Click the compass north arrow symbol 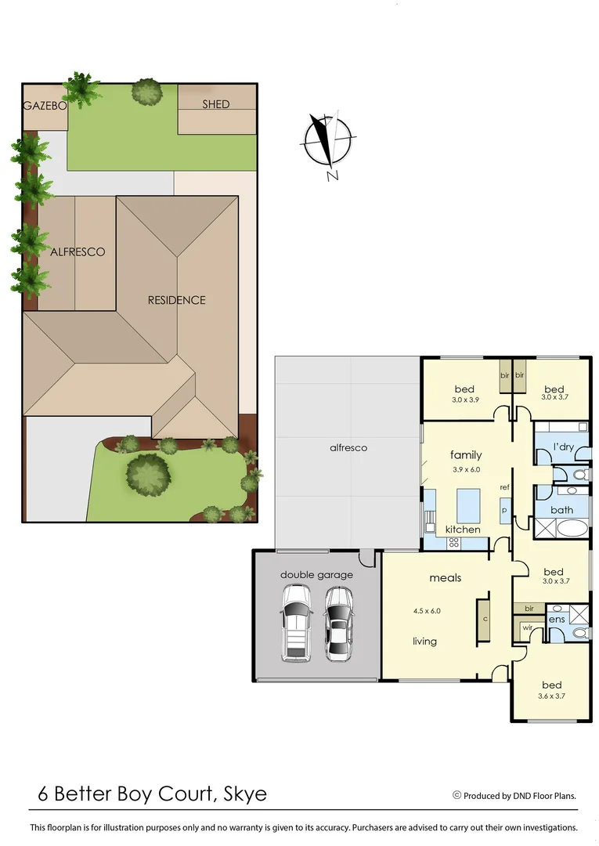coord(328,141)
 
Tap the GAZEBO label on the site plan coord(43,105)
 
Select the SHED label coord(216,104)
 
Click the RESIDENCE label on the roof coord(178,300)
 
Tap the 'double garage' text coord(316,575)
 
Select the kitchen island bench coord(468,504)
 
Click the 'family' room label coord(465,455)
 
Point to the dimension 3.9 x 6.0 coord(466,470)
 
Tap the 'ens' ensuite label coord(557,620)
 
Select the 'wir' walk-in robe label coord(527,627)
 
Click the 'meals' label coord(445,578)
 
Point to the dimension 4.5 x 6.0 coord(427,610)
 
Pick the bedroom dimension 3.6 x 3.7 coord(551,696)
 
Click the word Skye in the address coord(244,794)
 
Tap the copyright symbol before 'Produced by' coord(456,795)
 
